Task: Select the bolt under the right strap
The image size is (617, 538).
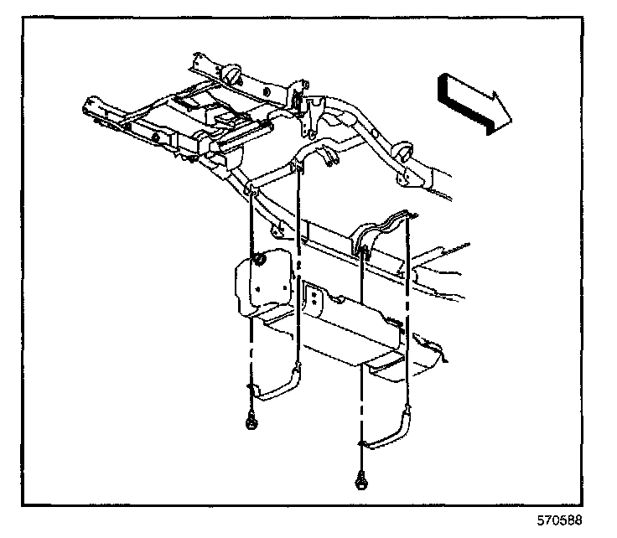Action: (x=360, y=480)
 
